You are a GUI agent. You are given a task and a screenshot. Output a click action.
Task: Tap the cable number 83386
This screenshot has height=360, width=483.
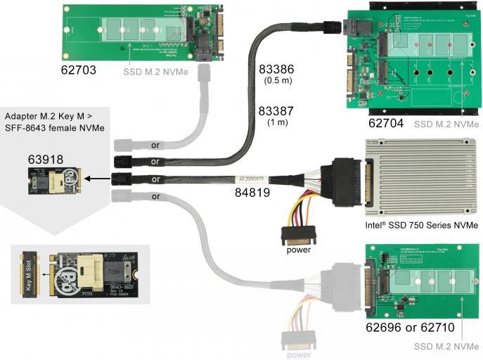click(276, 70)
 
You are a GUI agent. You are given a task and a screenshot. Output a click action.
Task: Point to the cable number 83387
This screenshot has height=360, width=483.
click(276, 111)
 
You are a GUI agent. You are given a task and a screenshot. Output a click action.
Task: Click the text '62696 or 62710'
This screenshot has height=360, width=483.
click(411, 328)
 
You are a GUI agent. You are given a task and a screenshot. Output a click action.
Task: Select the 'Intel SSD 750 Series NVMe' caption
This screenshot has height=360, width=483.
click(422, 226)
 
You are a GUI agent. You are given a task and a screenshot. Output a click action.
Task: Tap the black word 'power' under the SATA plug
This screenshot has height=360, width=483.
click(297, 250)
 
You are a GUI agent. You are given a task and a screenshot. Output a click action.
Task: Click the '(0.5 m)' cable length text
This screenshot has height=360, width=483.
click(276, 82)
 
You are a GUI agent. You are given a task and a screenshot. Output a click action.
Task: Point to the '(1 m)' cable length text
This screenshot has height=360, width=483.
click(276, 123)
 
